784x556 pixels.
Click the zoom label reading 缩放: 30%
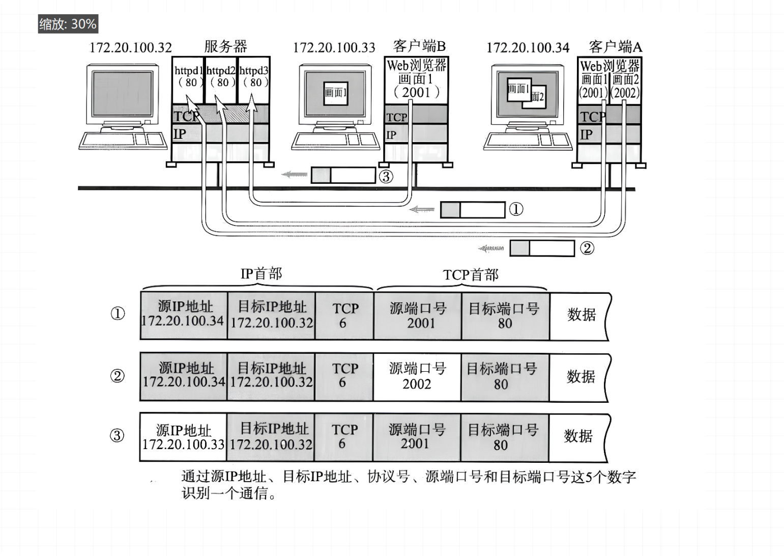[x=68, y=24]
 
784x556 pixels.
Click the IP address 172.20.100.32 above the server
[x=131, y=48]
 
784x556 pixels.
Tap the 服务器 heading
[x=225, y=47]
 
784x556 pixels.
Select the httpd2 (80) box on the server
[x=221, y=76]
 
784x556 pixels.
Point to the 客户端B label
[x=419, y=46]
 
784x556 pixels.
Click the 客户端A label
[x=615, y=47]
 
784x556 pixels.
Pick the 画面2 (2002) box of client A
[x=625, y=86]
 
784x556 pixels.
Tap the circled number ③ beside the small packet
[x=386, y=176]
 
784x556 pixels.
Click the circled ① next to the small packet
[x=516, y=209]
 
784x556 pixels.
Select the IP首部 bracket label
[x=261, y=274]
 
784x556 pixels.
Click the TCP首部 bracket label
[x=471, y=275]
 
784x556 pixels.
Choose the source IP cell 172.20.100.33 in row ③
[x=183, y=437]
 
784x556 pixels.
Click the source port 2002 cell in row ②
[x=417, y=376]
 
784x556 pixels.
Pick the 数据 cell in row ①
[x=581, y=315]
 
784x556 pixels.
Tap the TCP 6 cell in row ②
[x=344, y=376]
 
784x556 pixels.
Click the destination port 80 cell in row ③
[x=503, y=437]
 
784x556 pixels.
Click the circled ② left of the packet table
[x=118, y=376]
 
